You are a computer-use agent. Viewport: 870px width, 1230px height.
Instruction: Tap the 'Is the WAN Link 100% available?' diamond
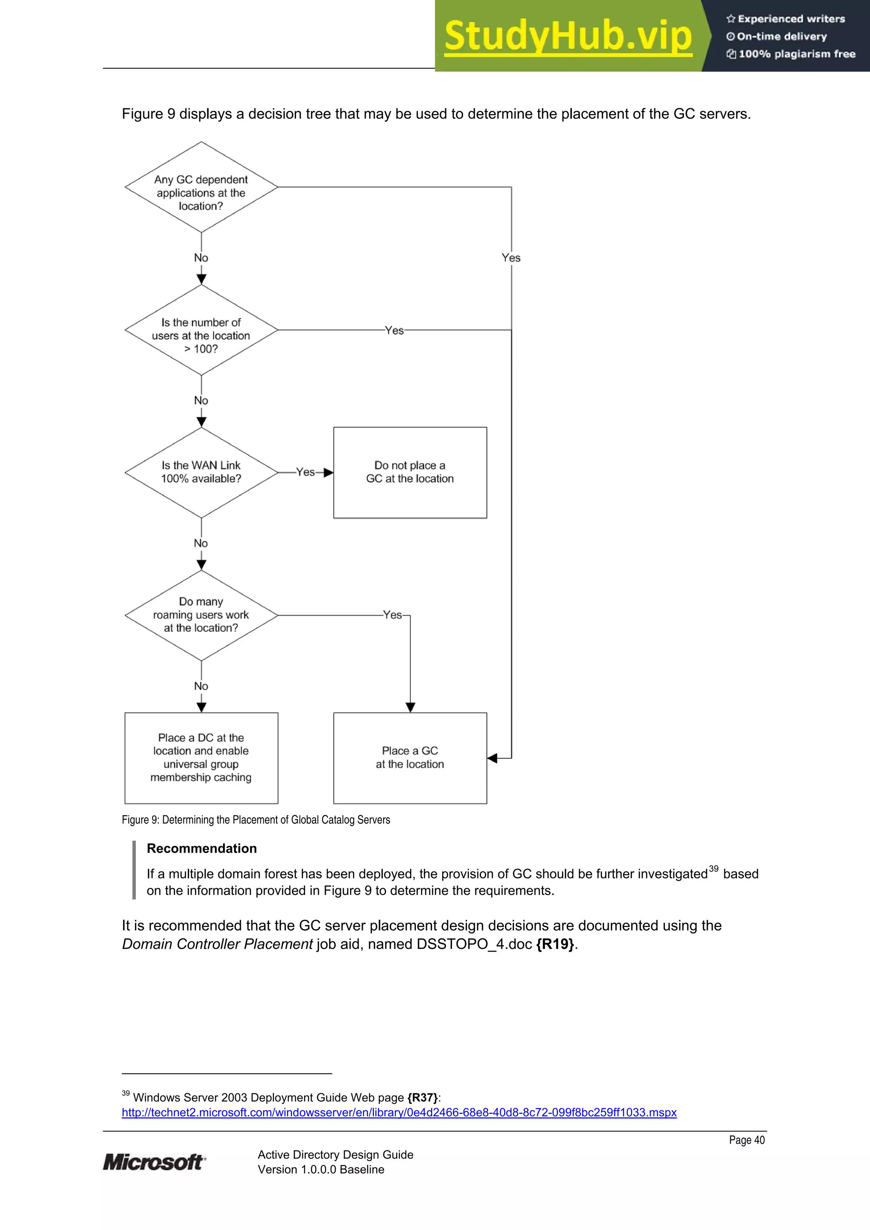tap(201, 473)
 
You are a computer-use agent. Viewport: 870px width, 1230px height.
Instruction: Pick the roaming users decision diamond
tap(201, 615)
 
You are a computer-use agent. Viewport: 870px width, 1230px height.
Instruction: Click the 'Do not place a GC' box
tap(410, 473)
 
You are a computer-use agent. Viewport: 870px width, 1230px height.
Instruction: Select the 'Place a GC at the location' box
tap(410, 757)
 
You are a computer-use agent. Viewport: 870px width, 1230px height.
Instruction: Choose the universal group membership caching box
tap(201, 757)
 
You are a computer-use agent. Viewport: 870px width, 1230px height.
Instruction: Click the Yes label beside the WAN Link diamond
tap(305, 472)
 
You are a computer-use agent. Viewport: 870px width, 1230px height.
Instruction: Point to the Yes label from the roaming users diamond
tap(393, 615)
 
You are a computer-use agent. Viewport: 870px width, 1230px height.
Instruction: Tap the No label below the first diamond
tap(201, 258)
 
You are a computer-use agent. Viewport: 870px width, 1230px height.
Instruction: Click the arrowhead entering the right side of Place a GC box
tap(492, 758)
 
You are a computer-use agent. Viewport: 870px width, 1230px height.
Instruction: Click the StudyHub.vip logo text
tap(568, 37)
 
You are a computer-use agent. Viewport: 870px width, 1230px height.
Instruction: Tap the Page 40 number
tap(746, 1140)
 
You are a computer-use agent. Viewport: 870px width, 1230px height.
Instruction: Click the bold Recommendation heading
tap(201, 849)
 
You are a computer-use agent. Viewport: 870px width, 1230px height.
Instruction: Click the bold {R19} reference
tap(555, 944)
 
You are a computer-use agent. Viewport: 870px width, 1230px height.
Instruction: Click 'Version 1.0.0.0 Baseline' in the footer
tap(321, 1169)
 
